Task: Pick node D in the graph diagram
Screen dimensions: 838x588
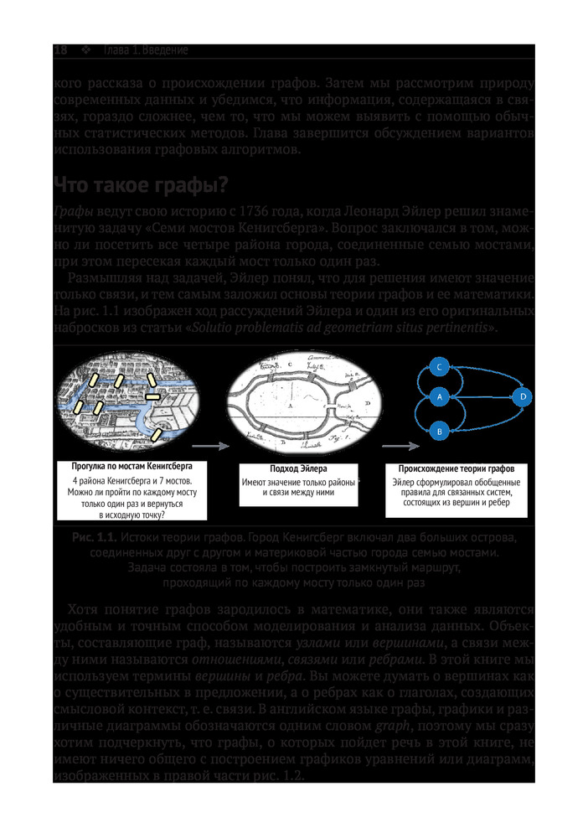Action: (521, 396)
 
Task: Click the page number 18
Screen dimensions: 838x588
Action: (60, 50)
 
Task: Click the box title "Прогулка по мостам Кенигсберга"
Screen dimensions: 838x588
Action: (133, 466)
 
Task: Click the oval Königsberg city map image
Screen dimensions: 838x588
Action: (132, 399)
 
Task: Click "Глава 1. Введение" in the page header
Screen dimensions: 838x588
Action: (144, 50)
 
